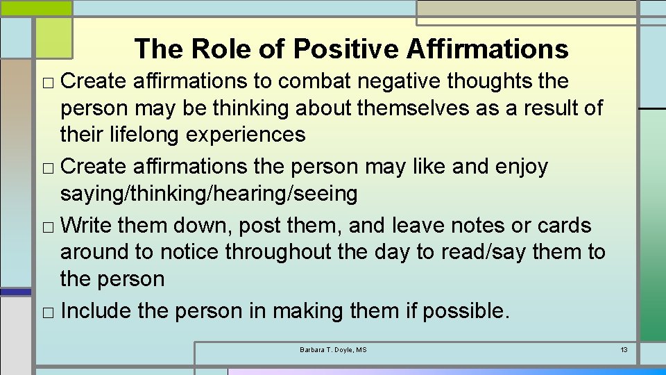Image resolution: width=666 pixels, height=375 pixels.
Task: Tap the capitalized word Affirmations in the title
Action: (487, 49)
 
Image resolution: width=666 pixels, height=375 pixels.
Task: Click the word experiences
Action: (246, 134)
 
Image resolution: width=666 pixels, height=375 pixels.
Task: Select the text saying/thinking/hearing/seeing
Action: (209, 194)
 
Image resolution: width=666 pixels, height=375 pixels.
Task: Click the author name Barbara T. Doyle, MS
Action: (333, 349)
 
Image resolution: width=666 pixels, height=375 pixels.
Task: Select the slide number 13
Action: (624, 349)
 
